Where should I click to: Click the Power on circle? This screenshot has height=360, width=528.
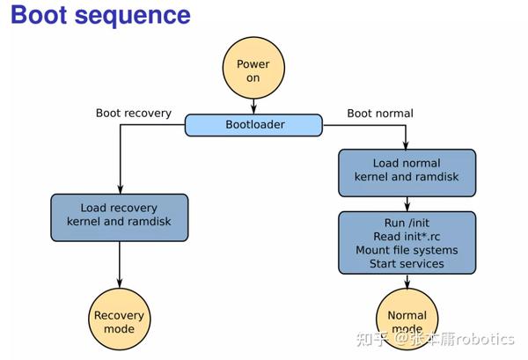253,71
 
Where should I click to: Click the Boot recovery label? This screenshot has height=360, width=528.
133,113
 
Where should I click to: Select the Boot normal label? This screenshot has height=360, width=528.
379,113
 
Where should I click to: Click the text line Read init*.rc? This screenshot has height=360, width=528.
407,237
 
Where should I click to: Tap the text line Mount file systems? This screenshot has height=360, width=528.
407,250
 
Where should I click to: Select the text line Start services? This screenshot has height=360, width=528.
407,263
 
